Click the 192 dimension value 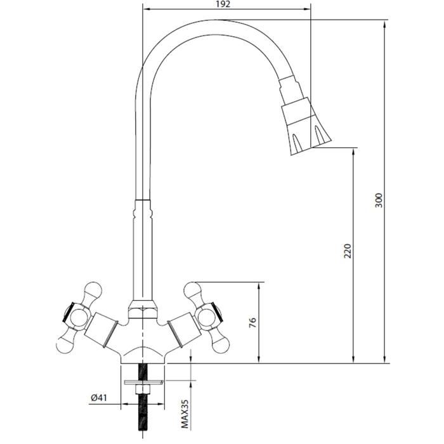[x=223, y=4]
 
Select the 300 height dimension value [x=379, y=200]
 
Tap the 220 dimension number [x=348, y=251]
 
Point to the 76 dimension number [x=252, y=323]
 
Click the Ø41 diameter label [x=99, y=398]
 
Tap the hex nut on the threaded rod [x=143, y=389]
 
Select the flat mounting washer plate [x=144, y=382]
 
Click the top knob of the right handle [x=192, y=290]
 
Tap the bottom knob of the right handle [x=221, y=345]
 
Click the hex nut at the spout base [x=143, y=310]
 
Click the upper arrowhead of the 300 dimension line [x=384, y=24]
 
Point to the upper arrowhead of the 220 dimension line [x=353, y=152]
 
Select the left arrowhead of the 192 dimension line [x=148, y=10]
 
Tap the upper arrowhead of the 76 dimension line [x=259, y=286]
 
